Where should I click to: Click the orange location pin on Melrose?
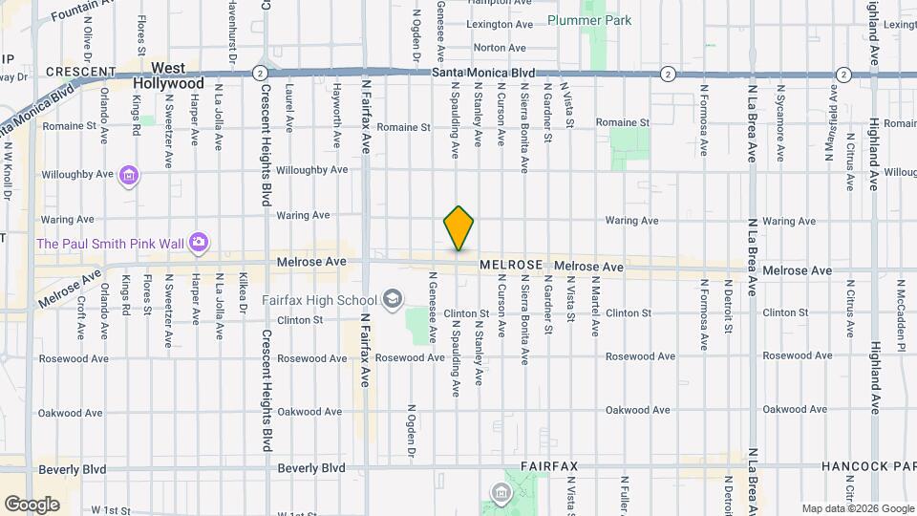click(458, 228)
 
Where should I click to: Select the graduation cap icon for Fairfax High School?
click(391, 300)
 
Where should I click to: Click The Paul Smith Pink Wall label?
click(110, 243)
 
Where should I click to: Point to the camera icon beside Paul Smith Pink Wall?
click(198, 243)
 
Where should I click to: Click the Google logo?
click(32, 504)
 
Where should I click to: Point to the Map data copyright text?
click(858, 508)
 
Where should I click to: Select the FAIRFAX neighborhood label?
click(549, 467)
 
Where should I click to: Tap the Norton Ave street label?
click(500, 47)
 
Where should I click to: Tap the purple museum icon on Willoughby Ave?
click(130, 176)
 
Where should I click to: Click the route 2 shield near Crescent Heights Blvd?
click(259, 73)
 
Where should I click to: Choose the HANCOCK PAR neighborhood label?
click(868, 467)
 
